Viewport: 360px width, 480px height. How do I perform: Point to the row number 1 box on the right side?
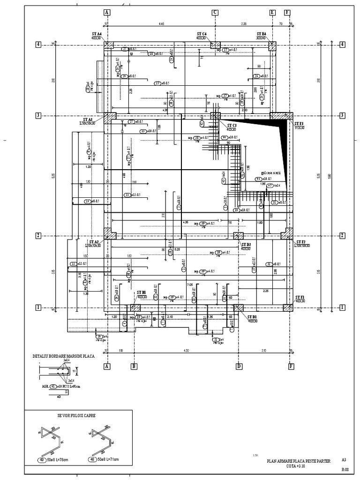342,307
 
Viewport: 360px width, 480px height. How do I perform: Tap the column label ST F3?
299,124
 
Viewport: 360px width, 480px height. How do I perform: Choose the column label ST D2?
246,245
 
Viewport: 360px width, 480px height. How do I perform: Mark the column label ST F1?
300,297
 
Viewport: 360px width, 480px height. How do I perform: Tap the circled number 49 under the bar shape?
42,460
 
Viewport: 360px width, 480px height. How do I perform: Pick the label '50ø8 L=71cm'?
108,460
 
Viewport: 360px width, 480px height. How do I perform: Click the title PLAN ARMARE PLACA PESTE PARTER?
297,461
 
